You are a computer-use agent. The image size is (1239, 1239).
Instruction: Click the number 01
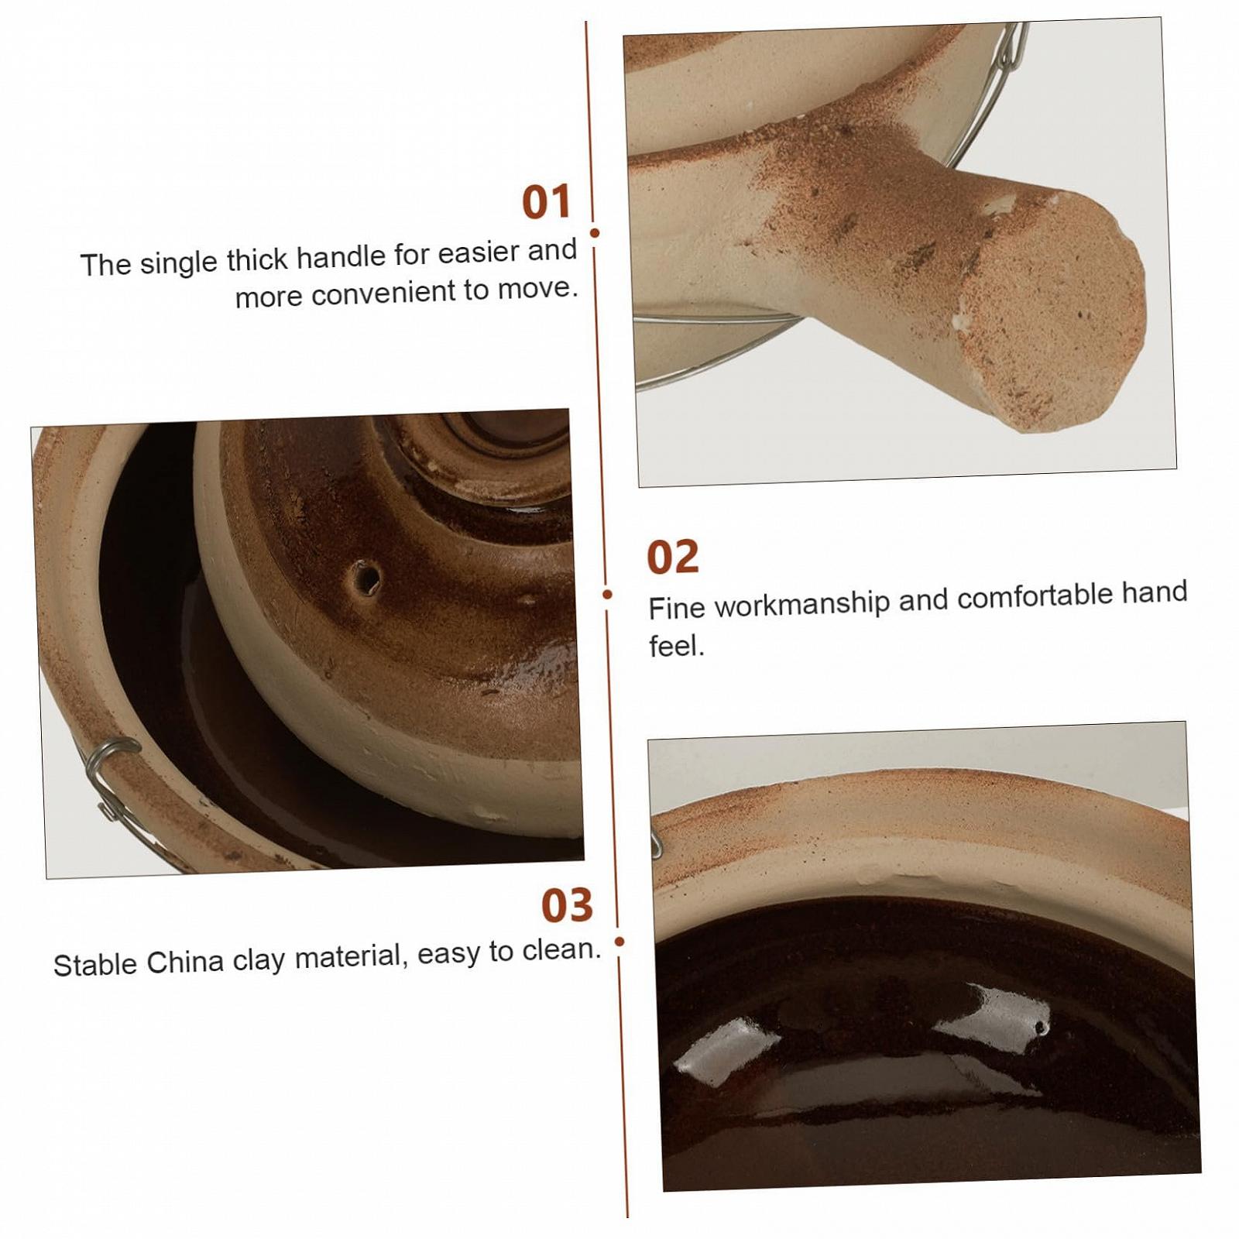[x=547, y=201]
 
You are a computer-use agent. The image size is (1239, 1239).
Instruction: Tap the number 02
[x=673, y=557]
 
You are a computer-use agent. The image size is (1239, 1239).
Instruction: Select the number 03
[x=567, y=904]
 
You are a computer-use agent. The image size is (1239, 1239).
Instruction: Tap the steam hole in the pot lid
[x=364, y=578]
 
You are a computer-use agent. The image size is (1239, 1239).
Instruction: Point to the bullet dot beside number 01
[x=595, y=232]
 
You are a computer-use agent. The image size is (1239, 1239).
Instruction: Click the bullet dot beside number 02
[x=607, y=594]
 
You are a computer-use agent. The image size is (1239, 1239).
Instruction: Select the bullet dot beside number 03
[x=619, y=942]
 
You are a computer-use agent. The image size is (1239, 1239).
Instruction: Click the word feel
[x=677, y=645]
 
